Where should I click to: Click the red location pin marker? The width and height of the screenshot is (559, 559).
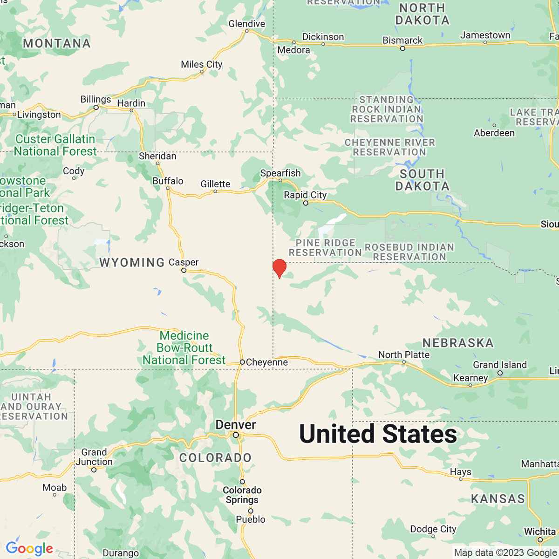click(279, 268)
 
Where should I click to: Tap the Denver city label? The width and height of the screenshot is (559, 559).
click(235, 425)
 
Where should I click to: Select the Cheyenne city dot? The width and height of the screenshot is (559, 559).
click(242, 362)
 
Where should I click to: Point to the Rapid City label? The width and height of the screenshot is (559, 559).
click(305, 195)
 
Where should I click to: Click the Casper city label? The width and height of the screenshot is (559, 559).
click(184, 262)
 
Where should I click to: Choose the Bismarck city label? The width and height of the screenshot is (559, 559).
click(402, 40)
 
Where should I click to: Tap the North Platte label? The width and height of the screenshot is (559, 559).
click(404, 354)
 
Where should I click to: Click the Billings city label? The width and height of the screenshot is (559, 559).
click(95, 99)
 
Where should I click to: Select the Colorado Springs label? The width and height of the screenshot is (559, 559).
click(242, 495)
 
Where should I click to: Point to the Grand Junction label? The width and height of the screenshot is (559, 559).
click(94, 457)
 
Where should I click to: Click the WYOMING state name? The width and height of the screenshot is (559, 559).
click(132, 263)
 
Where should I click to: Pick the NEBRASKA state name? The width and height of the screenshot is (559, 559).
click(458, 343)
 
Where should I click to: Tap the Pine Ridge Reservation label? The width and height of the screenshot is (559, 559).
click(325, 247)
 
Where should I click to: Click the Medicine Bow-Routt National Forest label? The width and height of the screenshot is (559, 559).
click(184, 348)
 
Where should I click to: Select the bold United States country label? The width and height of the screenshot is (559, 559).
click(378, 434)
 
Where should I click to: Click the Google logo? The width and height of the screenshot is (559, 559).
click(29, 548)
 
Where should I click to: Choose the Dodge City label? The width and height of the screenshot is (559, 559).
click(433, 529)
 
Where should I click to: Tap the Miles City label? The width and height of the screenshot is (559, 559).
click(201, 64)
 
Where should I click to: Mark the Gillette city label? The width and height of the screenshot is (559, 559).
click(215, 184)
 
